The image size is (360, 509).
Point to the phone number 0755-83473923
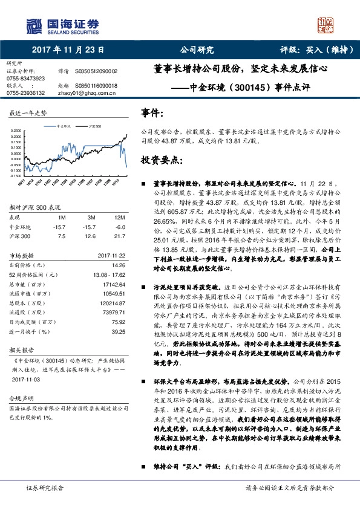point(25,79)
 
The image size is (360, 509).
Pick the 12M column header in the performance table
point(119,216)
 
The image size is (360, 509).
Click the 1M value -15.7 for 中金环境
point(59,226)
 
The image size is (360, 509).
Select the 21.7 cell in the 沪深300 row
point(119,236)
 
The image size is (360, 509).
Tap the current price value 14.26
point(118,265)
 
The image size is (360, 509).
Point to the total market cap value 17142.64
point(113,284)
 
